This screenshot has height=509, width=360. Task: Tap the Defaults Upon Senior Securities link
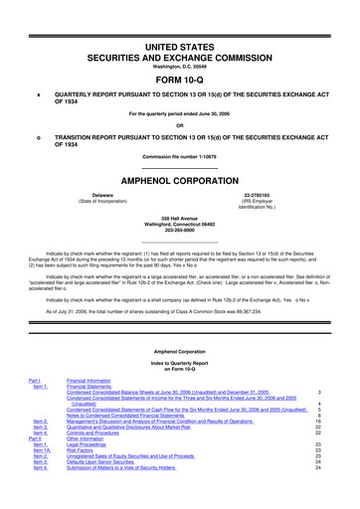115,490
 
